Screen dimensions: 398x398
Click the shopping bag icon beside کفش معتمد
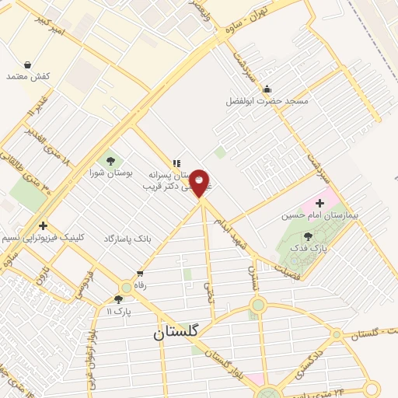point(28,65)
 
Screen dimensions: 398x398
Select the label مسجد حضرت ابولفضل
point(267,101)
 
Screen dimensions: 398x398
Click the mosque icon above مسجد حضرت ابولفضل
point(267,89)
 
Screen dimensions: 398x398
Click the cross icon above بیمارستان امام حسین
point(319,181)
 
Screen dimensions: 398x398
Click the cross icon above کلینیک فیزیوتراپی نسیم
point(44,225)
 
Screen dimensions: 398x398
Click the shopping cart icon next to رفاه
point(140,273)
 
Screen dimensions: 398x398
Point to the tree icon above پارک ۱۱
point(118,299)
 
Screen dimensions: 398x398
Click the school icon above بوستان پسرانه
point(176,163)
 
